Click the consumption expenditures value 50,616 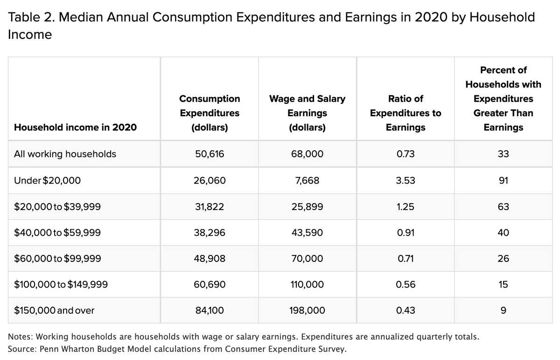(x=210, y=154)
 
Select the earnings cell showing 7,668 (x=307, y=180)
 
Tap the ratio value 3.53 (x=405, y=180)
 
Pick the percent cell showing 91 (x=503, y=180)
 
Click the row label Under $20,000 (x=47, y=180)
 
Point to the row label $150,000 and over (x=54, y=310)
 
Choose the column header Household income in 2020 (x=75, y=127)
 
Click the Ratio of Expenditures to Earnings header (x=406, y=113)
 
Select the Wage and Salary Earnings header (x=307, y=113)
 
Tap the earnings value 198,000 (x=307, y=310)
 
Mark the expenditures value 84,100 (x=210, y=310)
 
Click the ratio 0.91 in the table (x=406, y=233)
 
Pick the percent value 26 (x=503, y=258)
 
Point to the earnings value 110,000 (x=307, y=284)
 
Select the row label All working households (x=65, y=154)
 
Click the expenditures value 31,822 (x=210, y=207)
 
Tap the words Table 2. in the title (x=32, y=17)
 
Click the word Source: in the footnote (x=22, y=349)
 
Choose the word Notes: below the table (x=21, y=337)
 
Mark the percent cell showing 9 (x=503, y=310)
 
